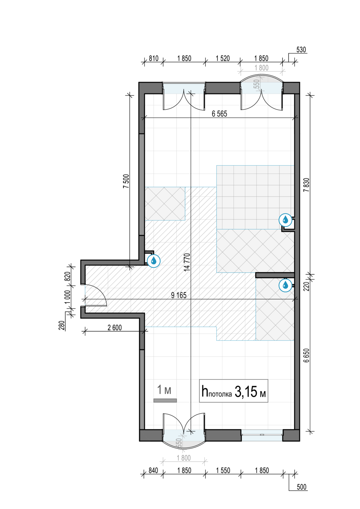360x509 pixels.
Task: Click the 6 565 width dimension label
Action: point(219,114)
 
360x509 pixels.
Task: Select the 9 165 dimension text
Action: point(179,295)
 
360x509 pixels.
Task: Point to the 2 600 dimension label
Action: point(114,327)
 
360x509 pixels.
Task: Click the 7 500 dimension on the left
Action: point(126,181)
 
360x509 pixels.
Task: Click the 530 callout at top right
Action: point(301,50)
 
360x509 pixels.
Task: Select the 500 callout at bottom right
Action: point(302,487)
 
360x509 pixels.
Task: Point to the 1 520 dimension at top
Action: point(223,58)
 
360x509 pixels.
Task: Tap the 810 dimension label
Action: point(154,58)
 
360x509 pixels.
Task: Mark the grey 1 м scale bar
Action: point(165,400)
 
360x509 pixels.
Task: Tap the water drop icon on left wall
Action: point(154,261)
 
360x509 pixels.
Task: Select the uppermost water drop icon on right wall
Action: point(285,220)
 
